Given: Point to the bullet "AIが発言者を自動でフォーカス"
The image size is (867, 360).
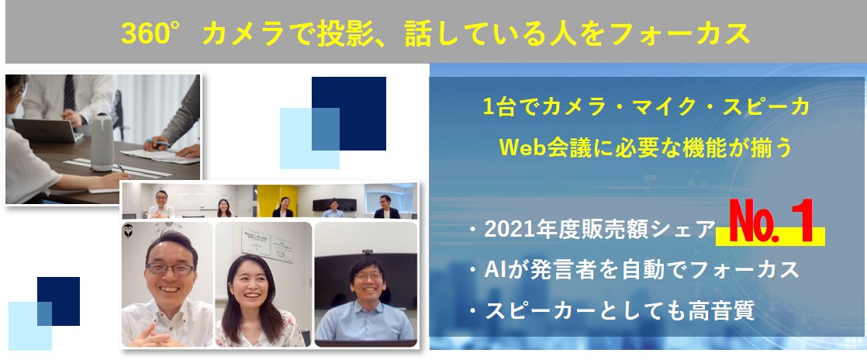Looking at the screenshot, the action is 641,270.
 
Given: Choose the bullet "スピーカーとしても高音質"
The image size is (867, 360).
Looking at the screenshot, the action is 620,311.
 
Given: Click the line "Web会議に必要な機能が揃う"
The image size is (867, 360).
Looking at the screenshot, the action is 646,147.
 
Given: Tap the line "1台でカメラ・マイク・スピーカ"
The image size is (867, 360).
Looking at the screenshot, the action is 646,107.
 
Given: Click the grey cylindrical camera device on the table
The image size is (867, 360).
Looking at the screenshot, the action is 102,141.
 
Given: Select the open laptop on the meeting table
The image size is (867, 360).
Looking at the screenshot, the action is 47,131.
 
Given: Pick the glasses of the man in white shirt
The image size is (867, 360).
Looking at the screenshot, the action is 171,268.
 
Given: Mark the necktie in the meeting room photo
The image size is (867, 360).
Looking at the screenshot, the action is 69,92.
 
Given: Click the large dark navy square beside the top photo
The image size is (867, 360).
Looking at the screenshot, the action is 349,113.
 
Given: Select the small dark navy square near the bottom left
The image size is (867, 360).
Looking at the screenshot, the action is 59,301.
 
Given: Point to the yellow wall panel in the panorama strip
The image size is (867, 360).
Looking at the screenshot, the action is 278,201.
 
